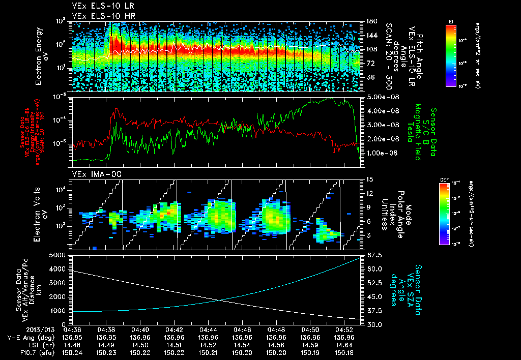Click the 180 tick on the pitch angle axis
click(x=370, y=21)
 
